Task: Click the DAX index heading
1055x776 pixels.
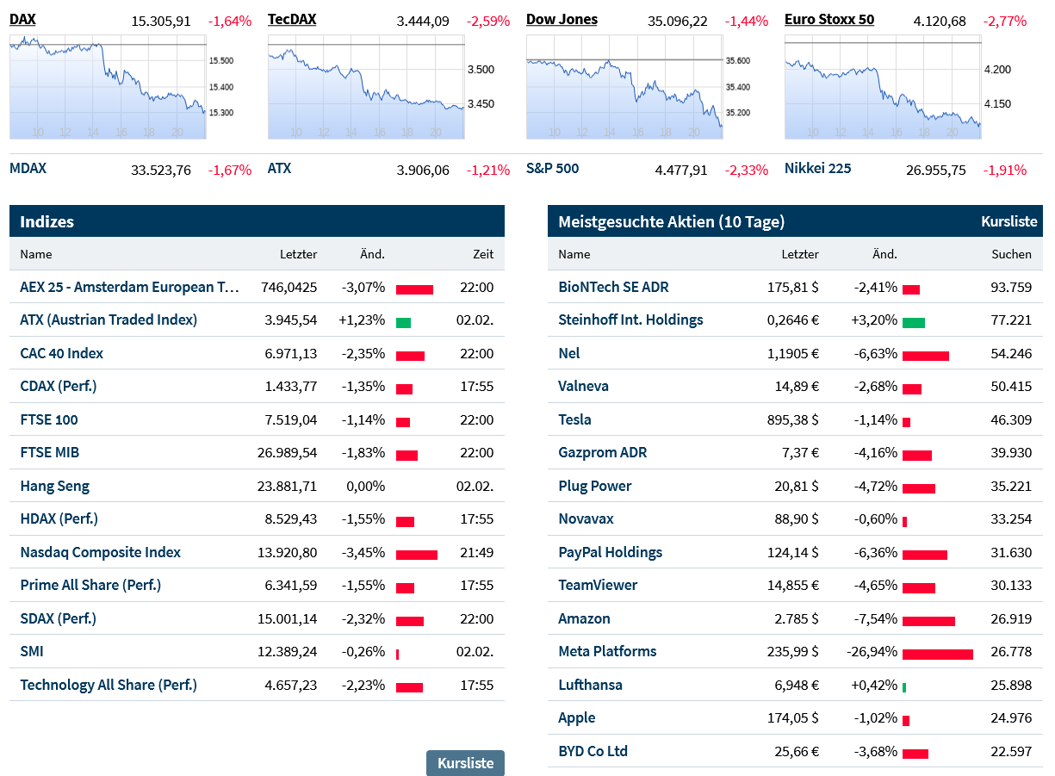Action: pyautogui.click(x=22, y=19)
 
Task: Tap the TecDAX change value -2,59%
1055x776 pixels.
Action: pyautogui.click(x=487, y=21)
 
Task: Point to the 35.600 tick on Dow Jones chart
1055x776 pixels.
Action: pyautogui.click(x=737, y=60)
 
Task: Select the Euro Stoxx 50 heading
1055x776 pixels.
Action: pyautogui.click(x=828, y=19)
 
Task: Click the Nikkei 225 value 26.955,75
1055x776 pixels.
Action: pyautogui.click(x=935, y=170)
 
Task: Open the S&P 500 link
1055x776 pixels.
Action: pyautogui.click(x=552, y=169)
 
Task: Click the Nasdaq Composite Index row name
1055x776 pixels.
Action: pyautogui.click(x=101, y=552)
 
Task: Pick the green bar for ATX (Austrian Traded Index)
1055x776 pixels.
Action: pyautogui.click(x=403, y=323)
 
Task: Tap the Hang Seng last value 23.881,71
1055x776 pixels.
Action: pyautogui.click(x=287, y=486)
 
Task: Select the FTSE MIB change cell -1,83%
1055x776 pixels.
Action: pyautogui.click(x=363, y=453)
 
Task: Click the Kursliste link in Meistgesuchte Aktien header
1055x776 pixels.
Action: pyautogui.click(x=1008, y=221)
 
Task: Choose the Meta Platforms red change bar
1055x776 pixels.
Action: pyautogui.click(x=937, y=655)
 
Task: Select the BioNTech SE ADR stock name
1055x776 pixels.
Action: pyautogui.click(x=613, y=287)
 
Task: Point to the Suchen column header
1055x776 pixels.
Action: pyautogui.click(x=1011, y=254)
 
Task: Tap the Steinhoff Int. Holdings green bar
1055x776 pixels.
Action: pyautogui.click(x=913, y=323)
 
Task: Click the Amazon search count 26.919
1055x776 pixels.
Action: pyautogui.click(x=1011, y=618)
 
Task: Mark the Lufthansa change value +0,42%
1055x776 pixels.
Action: pyautogui.click(x=873, y=685)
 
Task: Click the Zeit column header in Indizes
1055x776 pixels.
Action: pyautogui.click(x=483, y=254)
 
